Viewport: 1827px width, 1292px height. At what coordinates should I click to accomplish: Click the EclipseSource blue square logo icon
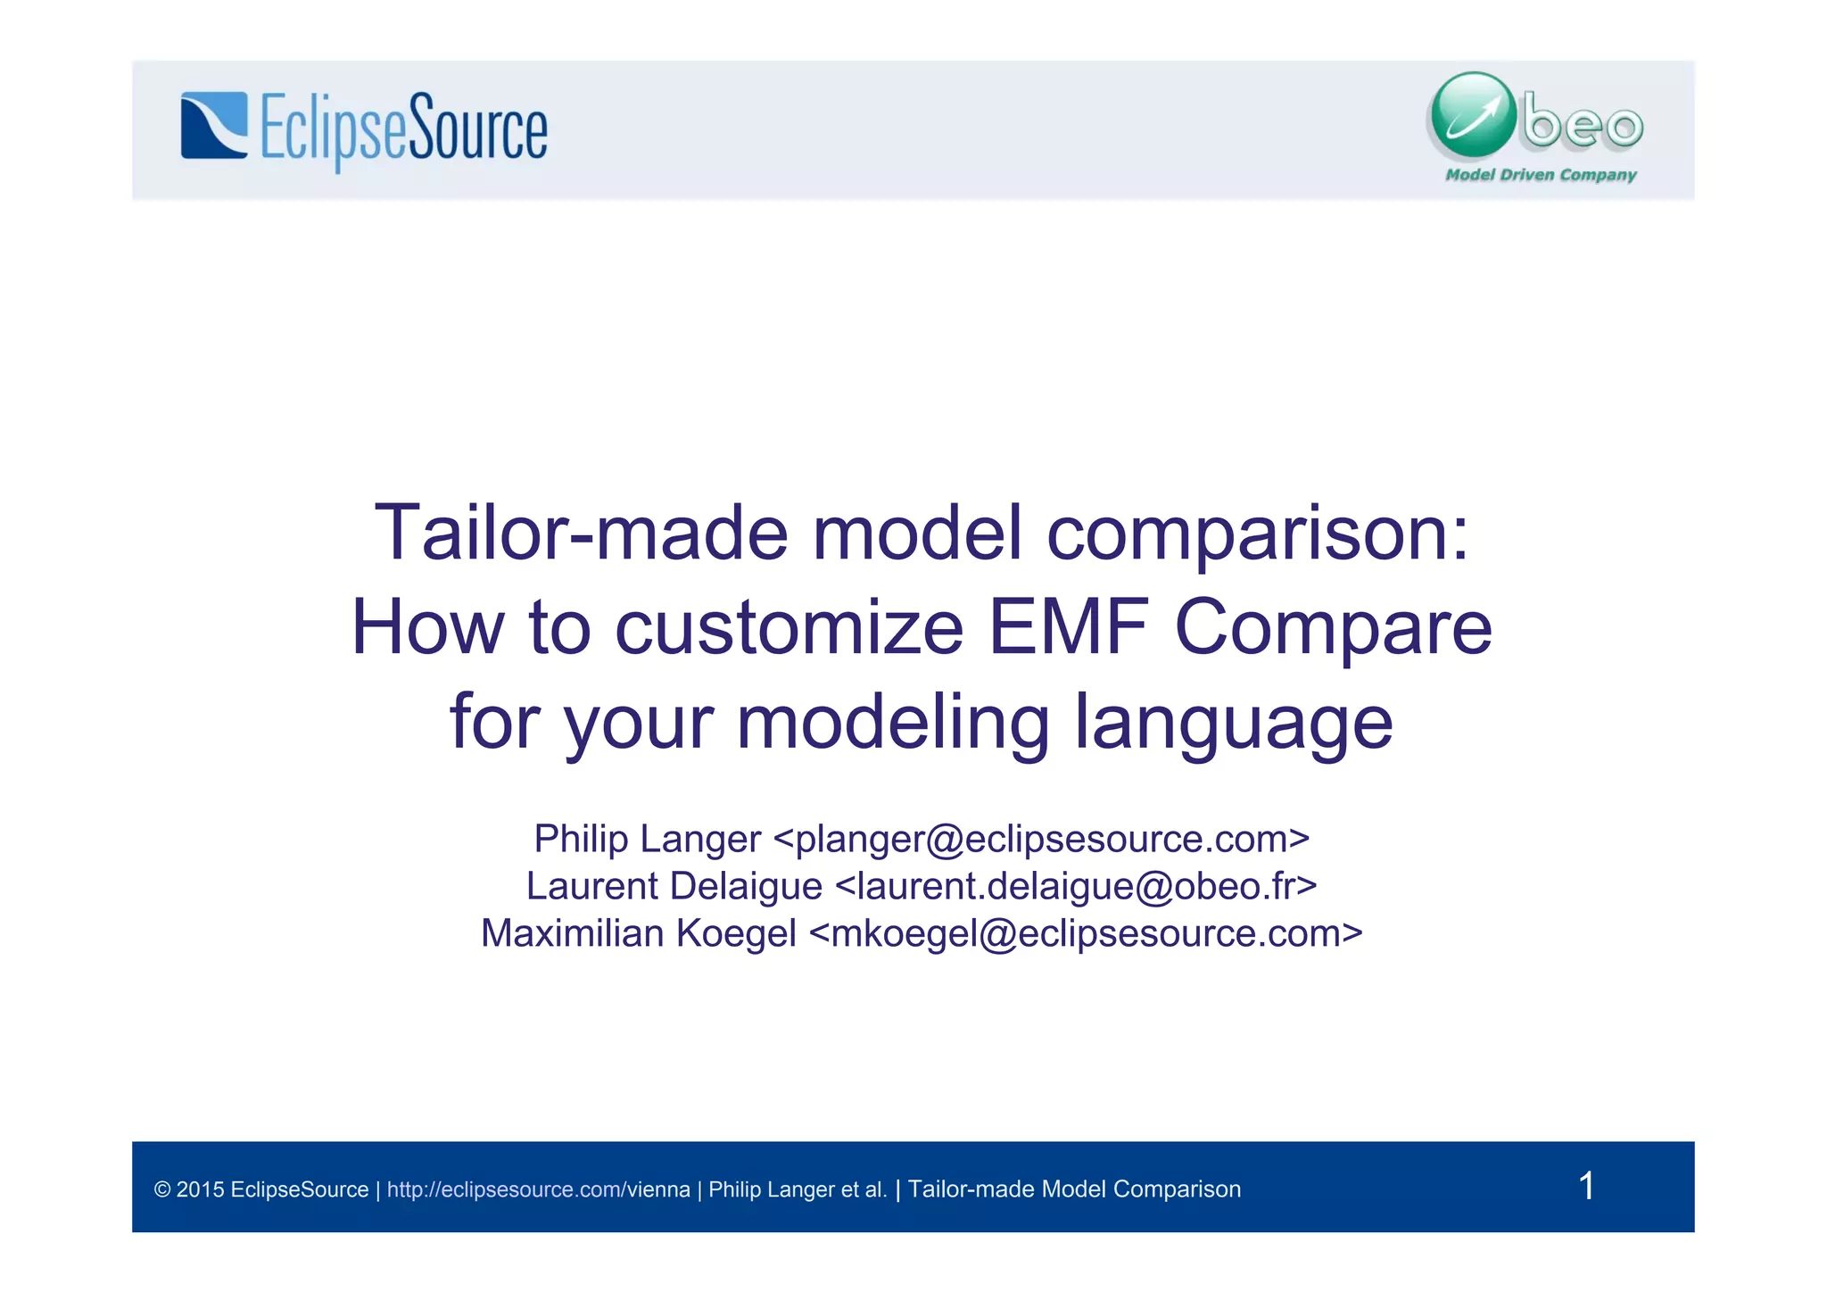point(214,126)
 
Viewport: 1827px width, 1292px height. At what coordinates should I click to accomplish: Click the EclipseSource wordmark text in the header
point(403,130)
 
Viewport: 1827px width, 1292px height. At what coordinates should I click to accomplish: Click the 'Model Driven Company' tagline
point(1541,175)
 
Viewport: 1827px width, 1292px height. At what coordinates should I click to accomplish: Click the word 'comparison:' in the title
point(1257,533)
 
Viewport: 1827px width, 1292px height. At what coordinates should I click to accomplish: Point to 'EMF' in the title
point(1068,627)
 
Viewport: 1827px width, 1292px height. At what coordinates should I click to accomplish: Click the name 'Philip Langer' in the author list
point(647,839)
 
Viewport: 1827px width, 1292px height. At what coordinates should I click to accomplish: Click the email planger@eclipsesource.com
point(1041,839)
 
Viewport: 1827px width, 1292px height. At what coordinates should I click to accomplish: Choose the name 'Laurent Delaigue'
point(674,886)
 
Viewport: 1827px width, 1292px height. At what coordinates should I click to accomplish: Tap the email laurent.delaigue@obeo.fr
point(1076,886)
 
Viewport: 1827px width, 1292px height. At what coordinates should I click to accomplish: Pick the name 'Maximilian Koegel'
point(638,933)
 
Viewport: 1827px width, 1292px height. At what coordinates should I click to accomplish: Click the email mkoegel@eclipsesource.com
point(1086,933)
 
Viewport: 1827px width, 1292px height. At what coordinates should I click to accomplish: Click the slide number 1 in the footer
point(1586,1186)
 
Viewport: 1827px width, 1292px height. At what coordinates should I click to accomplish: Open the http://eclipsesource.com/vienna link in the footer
point(538,1189)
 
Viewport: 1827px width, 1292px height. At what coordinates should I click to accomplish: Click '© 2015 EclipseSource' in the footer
point(261,1189)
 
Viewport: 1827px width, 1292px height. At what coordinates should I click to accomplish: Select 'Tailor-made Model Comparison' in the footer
point(1074,1189)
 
